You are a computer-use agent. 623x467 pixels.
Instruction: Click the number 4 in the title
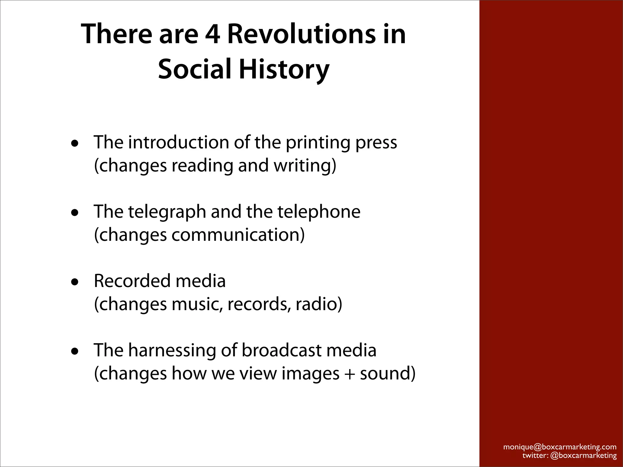(x=212, y=34)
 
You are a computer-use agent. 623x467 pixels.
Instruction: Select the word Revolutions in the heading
(x=301, y=34)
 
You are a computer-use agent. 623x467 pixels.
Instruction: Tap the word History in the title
(x=284, y=69)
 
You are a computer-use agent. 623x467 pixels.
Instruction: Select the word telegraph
(x=167, y=212)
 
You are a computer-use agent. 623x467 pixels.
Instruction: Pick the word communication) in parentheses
(x=238, y=235)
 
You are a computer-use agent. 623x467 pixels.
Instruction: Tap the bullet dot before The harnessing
(x=75, y=351)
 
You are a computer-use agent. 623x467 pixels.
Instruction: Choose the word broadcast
(x=281, y=350)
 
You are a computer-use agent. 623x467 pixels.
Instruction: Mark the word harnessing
(x=172, y=350)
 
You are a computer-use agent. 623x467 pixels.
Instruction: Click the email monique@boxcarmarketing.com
(x=560, y=447)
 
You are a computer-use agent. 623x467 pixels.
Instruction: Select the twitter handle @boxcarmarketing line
(x=569, y=455)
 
